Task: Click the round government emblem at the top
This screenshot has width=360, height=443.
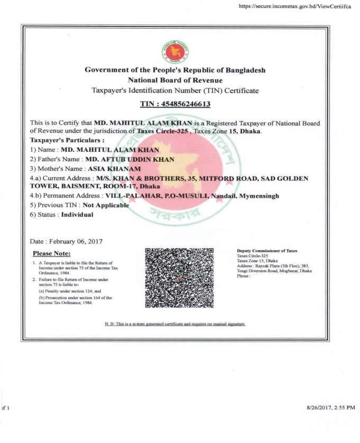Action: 175,52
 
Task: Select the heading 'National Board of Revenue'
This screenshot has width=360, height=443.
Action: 175,80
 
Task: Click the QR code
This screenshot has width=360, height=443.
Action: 179,278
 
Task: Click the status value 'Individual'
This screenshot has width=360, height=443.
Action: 77,215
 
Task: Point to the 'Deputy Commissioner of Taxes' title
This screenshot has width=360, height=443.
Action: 267,251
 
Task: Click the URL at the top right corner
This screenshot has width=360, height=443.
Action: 295,6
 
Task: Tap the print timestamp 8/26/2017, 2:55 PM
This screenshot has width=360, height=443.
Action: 330,408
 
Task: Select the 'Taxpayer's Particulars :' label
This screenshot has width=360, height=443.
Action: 67,140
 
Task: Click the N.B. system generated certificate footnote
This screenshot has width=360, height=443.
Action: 175,324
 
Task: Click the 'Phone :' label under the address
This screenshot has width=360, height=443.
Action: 243,276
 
